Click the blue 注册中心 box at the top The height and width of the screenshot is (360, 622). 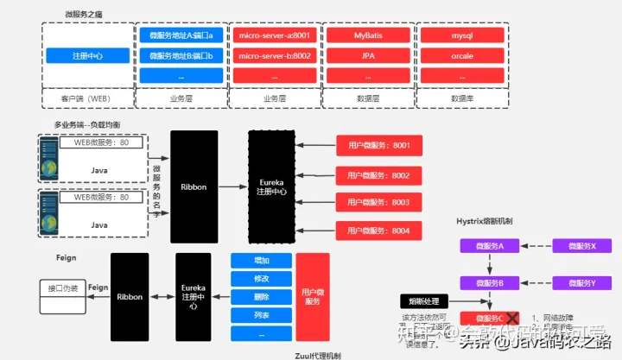87,56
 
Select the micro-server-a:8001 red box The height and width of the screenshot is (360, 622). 274,35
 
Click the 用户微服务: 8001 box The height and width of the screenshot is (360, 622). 378,145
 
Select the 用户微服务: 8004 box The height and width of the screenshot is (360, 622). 378,231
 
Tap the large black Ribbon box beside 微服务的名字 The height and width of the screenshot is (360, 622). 194,186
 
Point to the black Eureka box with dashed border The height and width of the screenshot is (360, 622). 271,186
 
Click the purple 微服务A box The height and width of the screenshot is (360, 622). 490,246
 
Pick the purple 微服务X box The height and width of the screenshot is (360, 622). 582,246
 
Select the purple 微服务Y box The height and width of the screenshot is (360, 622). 582,282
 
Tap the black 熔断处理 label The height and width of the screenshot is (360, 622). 424,301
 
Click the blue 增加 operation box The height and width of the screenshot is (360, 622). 261,260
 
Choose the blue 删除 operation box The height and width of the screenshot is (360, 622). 261,296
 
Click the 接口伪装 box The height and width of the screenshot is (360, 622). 63,288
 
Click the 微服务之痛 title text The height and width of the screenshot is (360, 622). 83,15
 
